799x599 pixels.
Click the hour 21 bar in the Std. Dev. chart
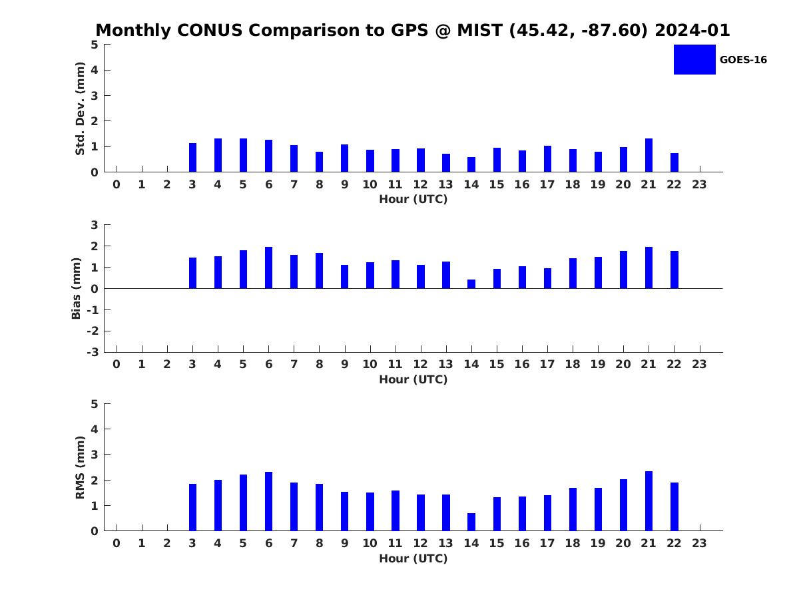point(649,155)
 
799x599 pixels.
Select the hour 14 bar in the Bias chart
point(471,284)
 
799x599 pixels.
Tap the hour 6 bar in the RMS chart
point(268,502)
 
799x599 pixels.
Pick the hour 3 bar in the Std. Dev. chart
point(192,158)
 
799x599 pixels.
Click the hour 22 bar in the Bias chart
point(674,270)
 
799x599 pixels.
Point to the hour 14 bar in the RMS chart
point(471,522)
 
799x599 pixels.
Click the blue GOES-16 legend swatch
point(694,60)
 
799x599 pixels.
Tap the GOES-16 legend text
point(743,60)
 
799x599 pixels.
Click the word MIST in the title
point(480,30)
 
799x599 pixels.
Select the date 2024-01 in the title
point(692,30)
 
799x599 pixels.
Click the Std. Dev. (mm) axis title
point(80,108)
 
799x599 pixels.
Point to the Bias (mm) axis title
point(76,288)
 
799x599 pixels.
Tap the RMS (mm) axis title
point(80,467)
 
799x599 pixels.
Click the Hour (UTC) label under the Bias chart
point(413,379)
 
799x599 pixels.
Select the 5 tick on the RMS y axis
point(95,404)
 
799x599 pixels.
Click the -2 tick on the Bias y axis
point(93,331)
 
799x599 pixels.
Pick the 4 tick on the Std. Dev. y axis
point(95,70)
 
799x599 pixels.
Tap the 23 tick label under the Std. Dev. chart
point(699,185)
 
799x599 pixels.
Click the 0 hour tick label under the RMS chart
point(117,543)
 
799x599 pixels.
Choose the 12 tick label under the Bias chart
point(420,365)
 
